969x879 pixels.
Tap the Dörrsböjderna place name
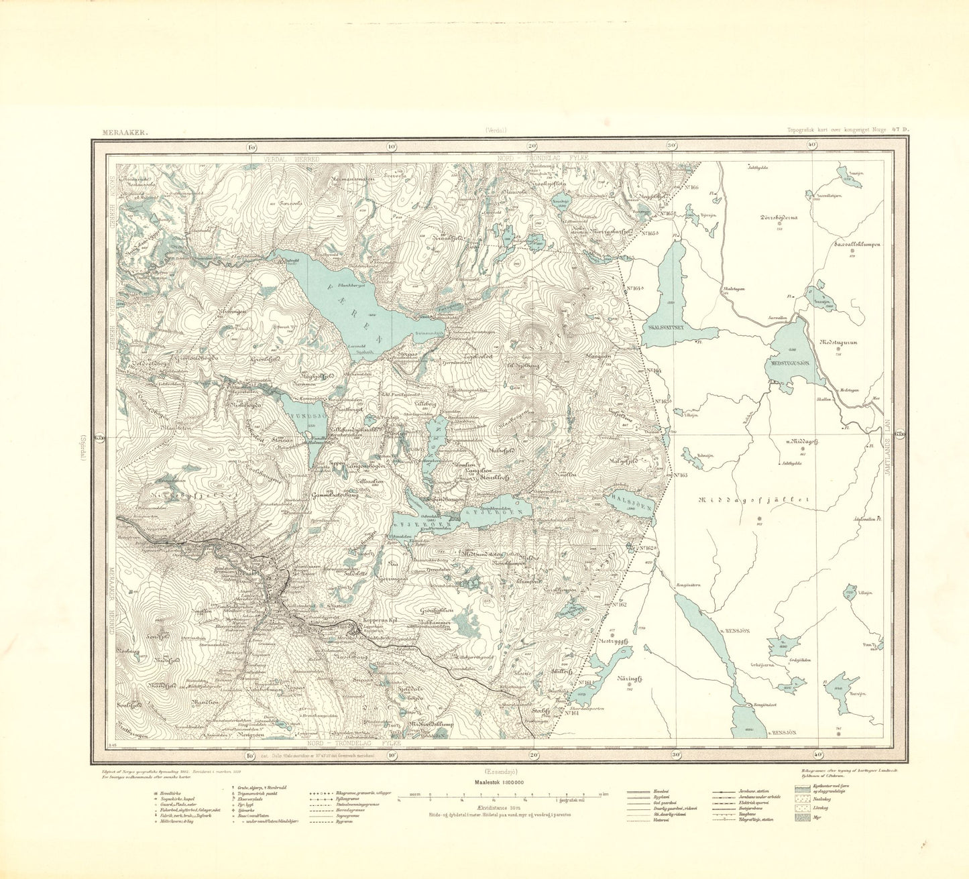tap(779, 217)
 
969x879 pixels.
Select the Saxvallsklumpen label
tap(852, 245)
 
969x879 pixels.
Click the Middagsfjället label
tap(754, 500)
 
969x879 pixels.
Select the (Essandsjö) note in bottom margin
tap(497, 770)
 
